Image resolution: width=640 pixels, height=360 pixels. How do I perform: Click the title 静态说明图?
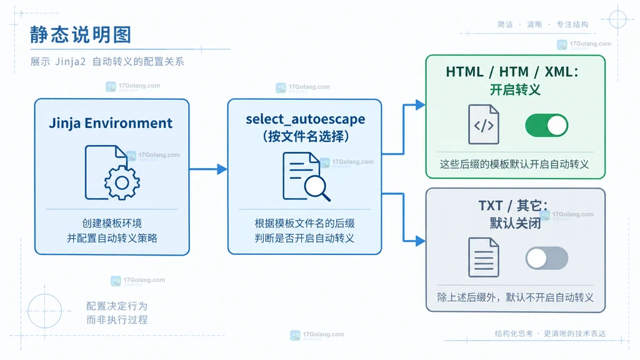[81, 35]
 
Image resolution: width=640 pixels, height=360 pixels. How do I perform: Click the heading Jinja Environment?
[111, 123]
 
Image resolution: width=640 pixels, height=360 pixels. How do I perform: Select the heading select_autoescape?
[305, 119]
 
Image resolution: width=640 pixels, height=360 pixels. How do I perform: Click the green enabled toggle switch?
[546, 125]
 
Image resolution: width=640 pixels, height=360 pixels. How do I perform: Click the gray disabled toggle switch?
[546, 258]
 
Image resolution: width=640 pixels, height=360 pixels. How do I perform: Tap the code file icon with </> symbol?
[484, 124]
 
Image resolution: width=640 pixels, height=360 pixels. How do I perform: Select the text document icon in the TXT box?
[484, 257]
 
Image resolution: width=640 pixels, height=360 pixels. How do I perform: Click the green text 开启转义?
[515, 90]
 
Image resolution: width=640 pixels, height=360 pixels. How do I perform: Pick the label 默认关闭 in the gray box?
[515, 223]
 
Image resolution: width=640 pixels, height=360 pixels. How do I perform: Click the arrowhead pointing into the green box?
[421, 105]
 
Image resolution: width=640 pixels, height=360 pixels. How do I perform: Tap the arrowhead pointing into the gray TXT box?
[421, 241]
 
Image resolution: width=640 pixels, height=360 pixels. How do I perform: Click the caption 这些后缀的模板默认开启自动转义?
[514, 164]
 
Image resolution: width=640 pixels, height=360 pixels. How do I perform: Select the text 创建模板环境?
[112, 223]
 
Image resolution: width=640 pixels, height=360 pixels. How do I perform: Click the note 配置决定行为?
[117, 306]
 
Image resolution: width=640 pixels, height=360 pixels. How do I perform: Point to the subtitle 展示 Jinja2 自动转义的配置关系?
[107, 62]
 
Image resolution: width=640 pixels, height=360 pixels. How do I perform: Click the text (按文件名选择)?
[306, 136]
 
